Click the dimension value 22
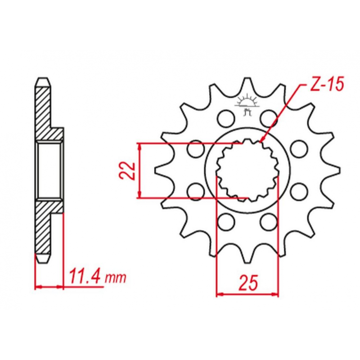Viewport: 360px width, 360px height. [x=127, y=170]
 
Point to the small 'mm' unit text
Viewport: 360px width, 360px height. [x=116, y=278]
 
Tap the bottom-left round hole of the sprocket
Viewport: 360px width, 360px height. [x=226, y=222]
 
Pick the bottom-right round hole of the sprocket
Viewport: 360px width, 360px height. [x=269, y=222]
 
